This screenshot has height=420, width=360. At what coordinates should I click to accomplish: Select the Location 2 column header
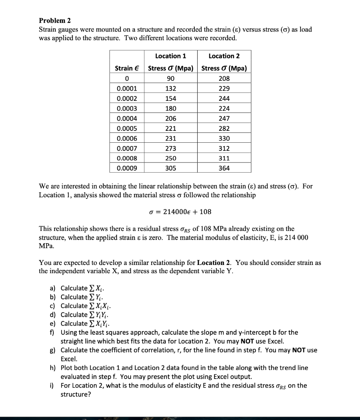(224, 56)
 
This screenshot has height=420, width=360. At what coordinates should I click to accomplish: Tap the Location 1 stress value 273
(171, 148)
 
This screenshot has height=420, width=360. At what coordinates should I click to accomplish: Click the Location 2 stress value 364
(224, 168)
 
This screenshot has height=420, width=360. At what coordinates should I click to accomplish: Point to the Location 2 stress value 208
(224, 78)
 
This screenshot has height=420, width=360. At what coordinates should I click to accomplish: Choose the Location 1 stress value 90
(171, 78)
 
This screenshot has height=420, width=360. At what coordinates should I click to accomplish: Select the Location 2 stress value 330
(224, 138)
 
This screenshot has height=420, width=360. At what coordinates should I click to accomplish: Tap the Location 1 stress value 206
(171, 118)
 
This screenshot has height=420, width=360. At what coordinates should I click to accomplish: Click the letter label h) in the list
(52, 368)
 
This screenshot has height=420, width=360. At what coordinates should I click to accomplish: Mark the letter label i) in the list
(52, 386)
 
